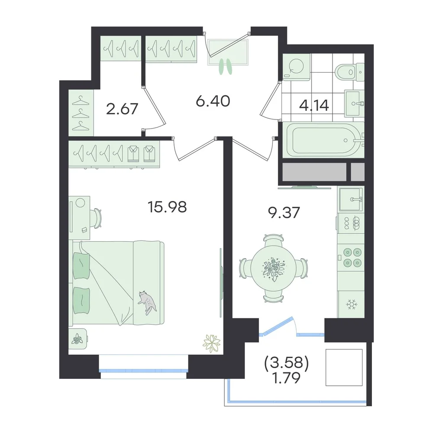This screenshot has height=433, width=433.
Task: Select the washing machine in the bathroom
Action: (296, 67)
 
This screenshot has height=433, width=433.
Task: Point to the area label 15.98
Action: (167, 207)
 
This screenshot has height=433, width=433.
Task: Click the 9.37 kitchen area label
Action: (284, 213)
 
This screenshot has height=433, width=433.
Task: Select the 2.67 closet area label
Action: (122, 109)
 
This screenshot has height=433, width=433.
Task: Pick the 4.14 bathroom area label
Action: (314, 105)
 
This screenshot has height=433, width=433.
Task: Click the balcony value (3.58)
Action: (286, 363)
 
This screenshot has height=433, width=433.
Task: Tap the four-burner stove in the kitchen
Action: (351, 257)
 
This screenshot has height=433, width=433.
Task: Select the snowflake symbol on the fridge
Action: (352, 304)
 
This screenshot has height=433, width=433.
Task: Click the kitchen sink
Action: (351, 199)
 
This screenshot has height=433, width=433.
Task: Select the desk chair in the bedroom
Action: (97, 218)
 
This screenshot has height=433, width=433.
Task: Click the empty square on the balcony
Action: (344, 367)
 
